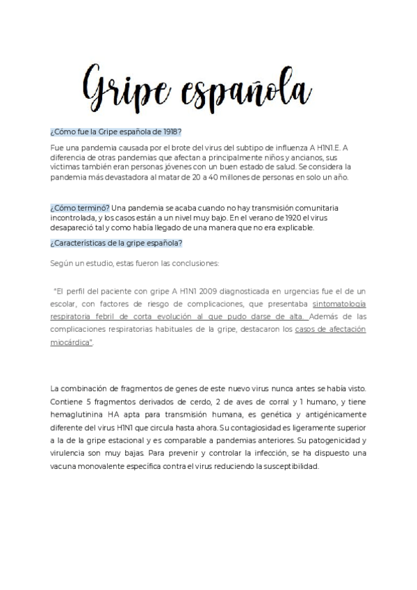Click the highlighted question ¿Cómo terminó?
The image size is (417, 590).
pyautogui.click(x=80, y=208)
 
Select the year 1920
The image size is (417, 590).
pyautogui.click(x=288, y=218)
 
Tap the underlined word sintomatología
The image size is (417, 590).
pyautogui.click(x=339, y=305)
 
